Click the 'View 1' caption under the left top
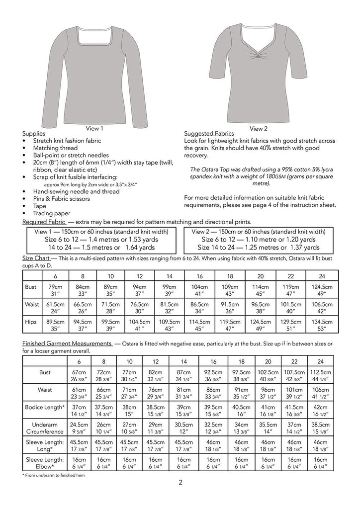[96, 128]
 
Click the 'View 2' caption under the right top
[259, 128]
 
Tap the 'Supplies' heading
[34, 134]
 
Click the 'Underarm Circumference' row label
[45, 428]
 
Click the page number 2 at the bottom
[180, 482]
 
